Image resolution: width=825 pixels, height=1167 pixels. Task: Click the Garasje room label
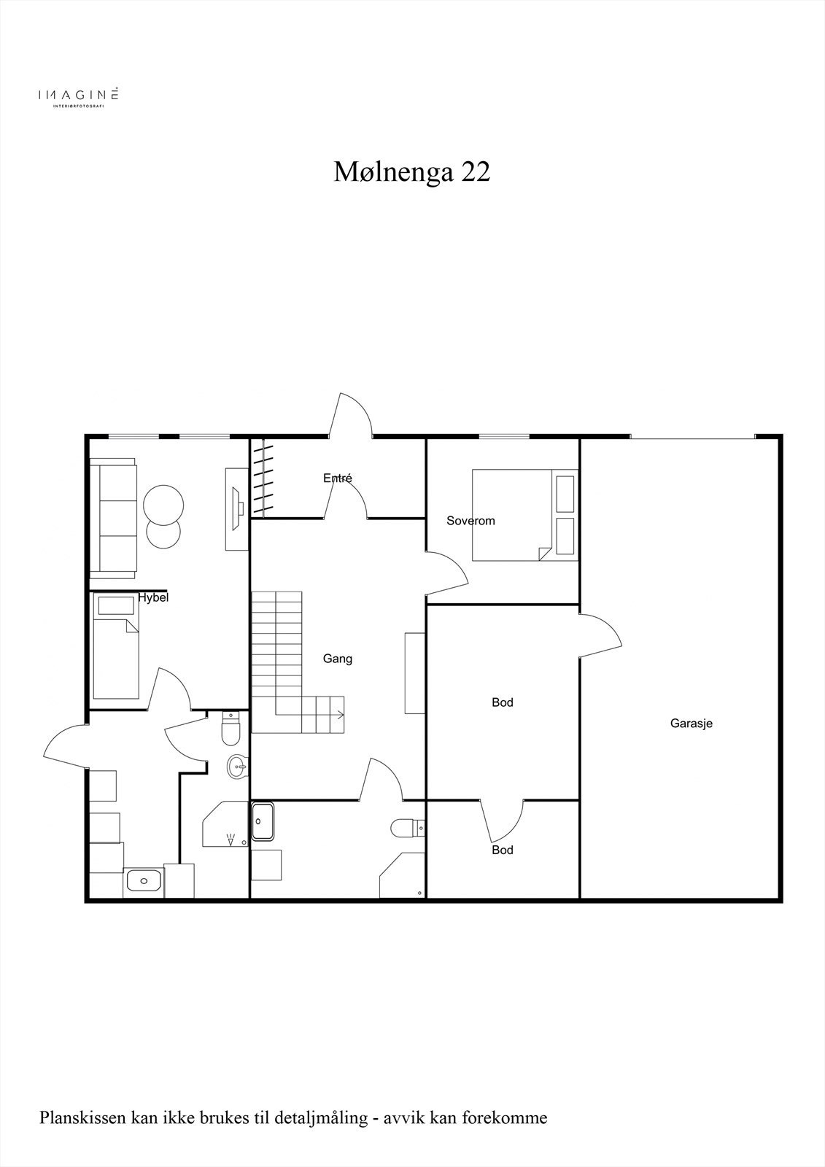[x=691, y=724]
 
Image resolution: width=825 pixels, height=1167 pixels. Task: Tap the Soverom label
[x=470, y=521]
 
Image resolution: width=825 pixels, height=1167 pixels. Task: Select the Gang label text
[x=338, y=659]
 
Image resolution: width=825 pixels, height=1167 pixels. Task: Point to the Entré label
[x=338, y=478]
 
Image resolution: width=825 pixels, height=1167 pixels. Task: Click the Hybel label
[x=153, y=597]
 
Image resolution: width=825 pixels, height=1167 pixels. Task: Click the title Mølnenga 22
[x=412, y=172]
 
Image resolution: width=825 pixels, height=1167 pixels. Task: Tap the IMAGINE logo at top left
[x=78, y=96]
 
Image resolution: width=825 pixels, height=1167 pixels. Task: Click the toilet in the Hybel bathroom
[x=231, y=728]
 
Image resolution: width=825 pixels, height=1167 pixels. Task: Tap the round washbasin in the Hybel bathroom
[x=237, y=767]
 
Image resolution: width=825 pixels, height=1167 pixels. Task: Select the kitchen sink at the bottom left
[x=143, y=880]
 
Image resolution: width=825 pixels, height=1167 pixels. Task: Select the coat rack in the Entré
[x=262, y=478]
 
